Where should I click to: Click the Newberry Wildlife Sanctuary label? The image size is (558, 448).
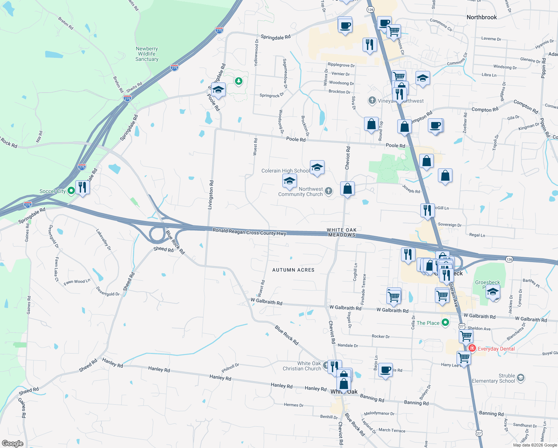[147, 54]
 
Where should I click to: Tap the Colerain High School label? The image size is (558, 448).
[285, 171]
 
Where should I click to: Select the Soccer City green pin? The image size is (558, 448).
[71, 191]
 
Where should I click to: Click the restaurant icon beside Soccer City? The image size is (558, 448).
[82, 187]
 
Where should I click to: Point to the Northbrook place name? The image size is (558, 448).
[482, 17]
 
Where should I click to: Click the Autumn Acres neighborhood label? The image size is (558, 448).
[293, 270]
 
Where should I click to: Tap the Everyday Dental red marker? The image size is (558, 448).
[472, 348]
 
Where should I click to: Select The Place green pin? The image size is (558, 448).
[445, 323]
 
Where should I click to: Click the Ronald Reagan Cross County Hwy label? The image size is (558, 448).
[249, 232]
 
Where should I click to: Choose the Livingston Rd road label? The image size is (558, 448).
[211, 195]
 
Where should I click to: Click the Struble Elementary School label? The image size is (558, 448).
[493, 378]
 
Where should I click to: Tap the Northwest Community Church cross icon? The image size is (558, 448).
[328, 191]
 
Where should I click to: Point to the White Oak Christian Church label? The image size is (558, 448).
[302, 366]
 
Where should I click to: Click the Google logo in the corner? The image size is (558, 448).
[13, 443]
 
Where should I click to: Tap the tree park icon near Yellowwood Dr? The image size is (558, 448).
[238, 81]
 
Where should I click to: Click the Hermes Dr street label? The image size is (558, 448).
[294, 405]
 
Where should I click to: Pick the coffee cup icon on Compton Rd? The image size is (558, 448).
[435, 125]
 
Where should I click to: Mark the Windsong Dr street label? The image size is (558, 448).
[505, 67]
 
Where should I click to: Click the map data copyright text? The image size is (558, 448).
[535, 445]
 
